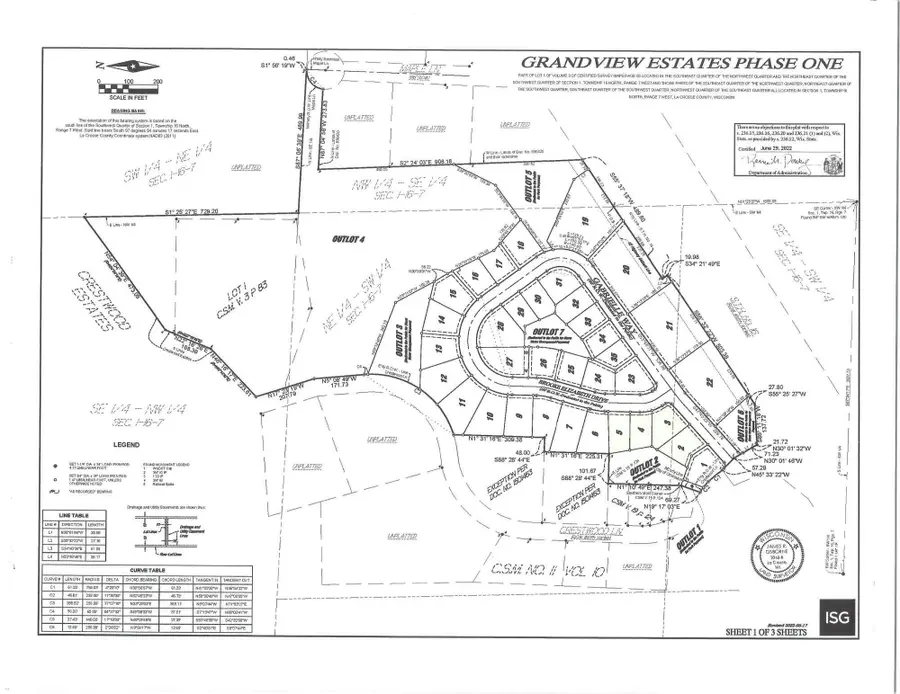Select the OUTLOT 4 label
pos(351,239)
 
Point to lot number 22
pos(709,381)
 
